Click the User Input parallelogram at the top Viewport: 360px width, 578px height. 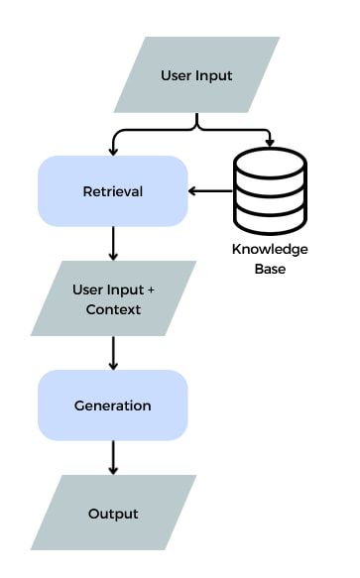[x=196, y=76]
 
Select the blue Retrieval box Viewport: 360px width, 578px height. [x=113, y=190]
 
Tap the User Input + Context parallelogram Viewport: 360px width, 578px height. [x=113, y=298]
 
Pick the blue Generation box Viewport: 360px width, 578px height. [x=113, y=405]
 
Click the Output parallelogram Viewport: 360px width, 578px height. [x=113, y=513]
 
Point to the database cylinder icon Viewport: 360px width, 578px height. [x=270, y=190]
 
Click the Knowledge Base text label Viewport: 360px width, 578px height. [x=270, y=258]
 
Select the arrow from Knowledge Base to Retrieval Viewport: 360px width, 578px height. [x=210, y=190]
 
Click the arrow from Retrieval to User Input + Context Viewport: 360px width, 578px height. [x=114, y=243]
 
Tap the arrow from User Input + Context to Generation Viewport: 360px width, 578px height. [x=114, y=352]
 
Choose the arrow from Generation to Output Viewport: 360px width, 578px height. [x=114, y=457]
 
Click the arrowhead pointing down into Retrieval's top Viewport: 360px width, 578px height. [x=114, y=150]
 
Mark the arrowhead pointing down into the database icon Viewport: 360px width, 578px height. [x=270, y=149]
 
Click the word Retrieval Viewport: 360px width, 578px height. [x=113, y=190]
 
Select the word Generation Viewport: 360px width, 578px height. [x=113, y=405]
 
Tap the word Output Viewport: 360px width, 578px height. [x=113, y=513]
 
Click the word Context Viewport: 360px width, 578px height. [x=113, y=309]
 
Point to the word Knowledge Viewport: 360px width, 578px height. [x=270, y=249]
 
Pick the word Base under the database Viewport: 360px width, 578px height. [x=270, y=268]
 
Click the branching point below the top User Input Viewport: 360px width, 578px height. [x=197, y=125]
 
